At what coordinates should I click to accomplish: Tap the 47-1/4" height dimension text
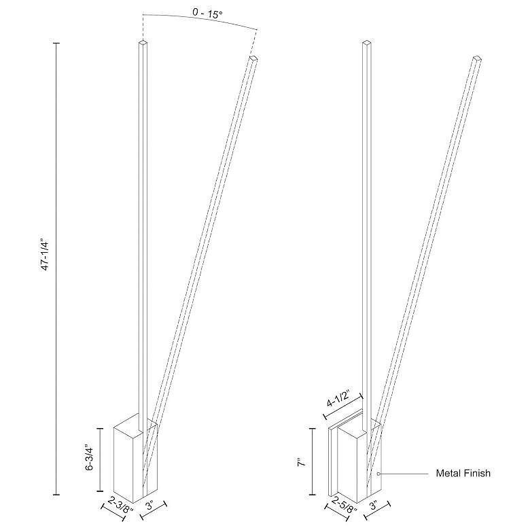46,253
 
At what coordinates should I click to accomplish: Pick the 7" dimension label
300,463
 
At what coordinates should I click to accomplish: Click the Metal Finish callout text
463,473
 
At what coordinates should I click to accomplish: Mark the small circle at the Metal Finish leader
378,472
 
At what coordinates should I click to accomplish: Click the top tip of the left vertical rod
143,43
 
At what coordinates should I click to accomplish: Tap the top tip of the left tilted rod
253,59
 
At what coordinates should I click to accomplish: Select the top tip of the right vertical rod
367,43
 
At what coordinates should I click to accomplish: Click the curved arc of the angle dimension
204,18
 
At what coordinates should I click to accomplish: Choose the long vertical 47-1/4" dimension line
56,272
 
